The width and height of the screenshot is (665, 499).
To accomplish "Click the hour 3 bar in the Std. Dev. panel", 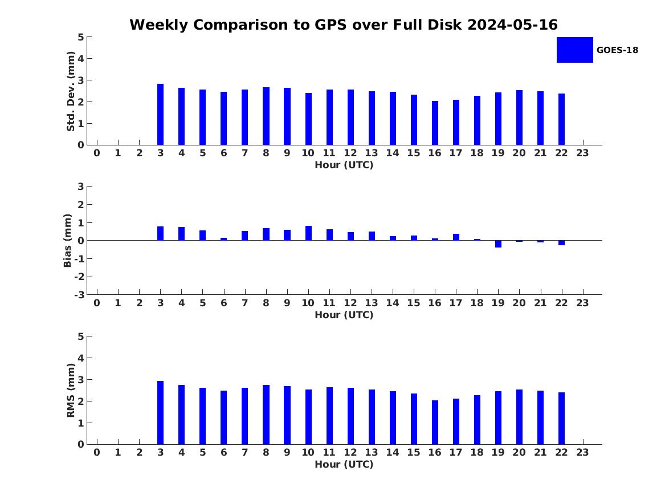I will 160,115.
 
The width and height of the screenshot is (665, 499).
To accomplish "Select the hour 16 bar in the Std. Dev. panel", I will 435,123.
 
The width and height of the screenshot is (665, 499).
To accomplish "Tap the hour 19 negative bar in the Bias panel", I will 498,244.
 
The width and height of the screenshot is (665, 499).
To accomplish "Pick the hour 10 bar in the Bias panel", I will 308,233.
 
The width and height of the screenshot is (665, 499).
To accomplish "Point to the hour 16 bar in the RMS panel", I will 435,423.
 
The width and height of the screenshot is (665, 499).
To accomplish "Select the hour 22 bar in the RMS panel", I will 561,419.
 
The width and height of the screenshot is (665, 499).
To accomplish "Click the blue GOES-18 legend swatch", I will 574,50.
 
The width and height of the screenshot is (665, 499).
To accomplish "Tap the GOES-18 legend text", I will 617,50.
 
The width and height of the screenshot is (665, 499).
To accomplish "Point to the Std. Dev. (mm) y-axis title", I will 71,91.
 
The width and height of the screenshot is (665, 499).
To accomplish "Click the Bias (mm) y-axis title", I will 68,241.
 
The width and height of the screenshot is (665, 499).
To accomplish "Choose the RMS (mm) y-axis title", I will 71,391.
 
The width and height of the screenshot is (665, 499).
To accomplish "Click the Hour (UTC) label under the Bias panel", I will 344,315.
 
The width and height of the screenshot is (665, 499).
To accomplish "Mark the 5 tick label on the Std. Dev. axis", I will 81,37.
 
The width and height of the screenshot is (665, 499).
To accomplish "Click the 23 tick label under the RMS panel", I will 582,452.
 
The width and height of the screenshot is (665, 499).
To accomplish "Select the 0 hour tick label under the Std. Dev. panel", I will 97,153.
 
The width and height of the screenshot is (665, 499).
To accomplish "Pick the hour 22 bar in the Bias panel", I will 561,243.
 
